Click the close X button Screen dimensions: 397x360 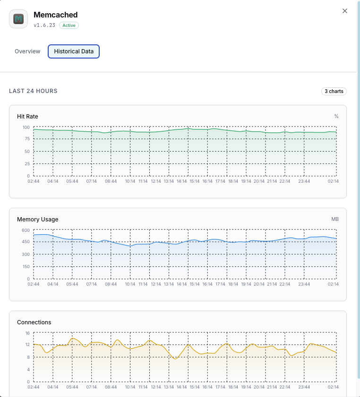coord(345,11)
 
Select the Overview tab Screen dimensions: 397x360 coord(27,51)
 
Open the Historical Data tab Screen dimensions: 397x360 coord(74,51)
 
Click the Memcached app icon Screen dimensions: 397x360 coord(18,19)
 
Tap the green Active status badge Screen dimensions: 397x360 coord(69,25)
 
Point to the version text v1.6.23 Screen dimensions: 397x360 coord(44,25)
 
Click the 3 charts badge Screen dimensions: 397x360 coord(334,91)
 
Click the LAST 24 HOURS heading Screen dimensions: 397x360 coord(34,91)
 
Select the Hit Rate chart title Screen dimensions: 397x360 coord(27,116)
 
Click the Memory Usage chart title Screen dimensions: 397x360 coord(38,220)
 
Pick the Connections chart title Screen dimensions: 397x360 coord(34,322)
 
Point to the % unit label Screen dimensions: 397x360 coord(336,116)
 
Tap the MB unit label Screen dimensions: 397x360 coord(335,220)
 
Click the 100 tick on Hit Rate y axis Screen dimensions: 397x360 coord(26,127)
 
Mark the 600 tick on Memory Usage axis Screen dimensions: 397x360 coord(26,230)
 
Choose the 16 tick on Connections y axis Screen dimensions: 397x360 coord(27,333)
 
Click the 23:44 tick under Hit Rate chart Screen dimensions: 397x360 coord(304,181)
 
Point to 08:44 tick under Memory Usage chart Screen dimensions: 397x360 coord(111,284)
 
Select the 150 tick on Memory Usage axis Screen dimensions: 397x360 coord(26,267)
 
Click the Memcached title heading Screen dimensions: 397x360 coord(56,15)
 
